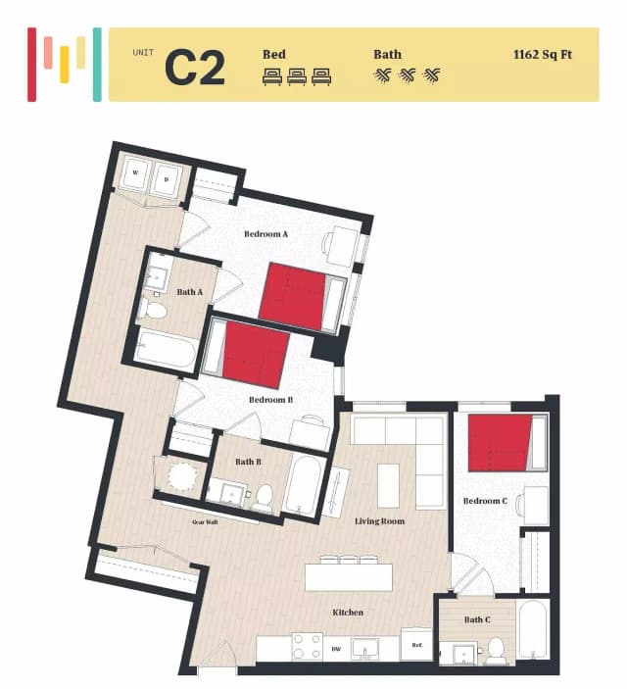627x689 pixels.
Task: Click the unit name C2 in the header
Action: click(194, 66)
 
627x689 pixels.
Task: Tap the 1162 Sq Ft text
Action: click(542, 54)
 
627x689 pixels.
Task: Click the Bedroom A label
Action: click(265, 234)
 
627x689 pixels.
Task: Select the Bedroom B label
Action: click(270, 400)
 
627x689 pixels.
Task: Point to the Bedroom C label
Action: click(485, 501)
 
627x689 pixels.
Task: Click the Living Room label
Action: click(379, 521)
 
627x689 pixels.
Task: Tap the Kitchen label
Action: click(348, 613)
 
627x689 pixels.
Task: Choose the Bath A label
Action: click(189, 291)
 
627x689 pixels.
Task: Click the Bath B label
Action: click(248, 462)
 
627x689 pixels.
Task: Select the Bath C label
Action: click(476, 619)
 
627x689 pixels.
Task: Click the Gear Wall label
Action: click(205, 522)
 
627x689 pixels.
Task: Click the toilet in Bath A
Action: click(153, 311)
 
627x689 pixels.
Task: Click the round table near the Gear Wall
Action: click(182, 477)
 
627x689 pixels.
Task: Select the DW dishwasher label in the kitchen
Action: click(335, 649)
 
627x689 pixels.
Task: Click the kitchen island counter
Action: click(355, 576)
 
